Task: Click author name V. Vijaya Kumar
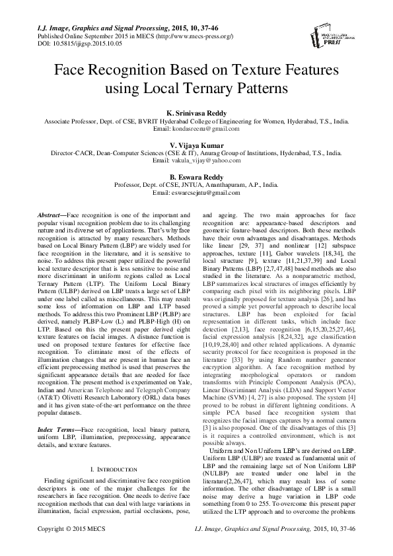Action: (197, 145)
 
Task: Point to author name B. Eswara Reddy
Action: (197, 177)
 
